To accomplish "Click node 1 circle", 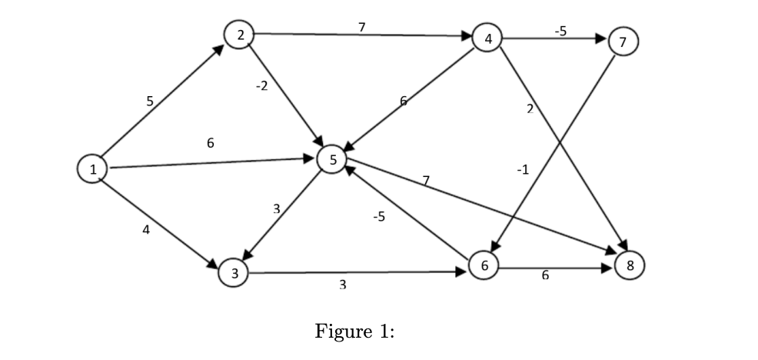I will coord(93,170).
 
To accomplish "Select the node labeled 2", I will coord(240,35).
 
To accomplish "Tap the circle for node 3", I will coord(234,273).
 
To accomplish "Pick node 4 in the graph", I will coord(487,38).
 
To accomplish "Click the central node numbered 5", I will coord(333,159).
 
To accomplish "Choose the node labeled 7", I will coord(623,42).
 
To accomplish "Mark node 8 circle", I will coord(630,266).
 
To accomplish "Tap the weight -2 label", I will coord(261,85).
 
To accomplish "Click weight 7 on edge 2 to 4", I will coord(361,27).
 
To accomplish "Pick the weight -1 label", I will coord(523,169).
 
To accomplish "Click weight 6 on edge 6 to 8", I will coord(545,276).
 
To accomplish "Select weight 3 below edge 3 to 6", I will coord(342,285).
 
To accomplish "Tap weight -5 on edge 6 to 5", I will coord(378,217).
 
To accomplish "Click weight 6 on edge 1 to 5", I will coord(210,143).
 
